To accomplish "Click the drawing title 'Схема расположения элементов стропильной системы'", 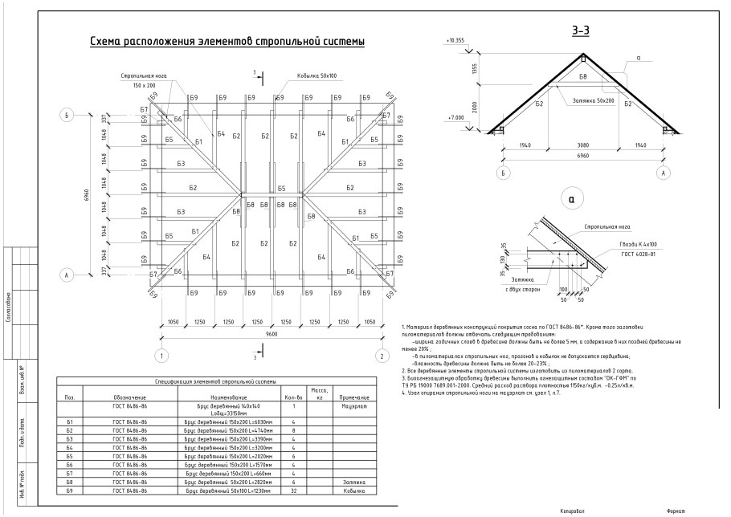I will click(227, 41).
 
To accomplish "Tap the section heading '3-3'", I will click(581, 31).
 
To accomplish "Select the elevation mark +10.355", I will click(455, 39).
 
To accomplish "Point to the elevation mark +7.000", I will click(455, 118).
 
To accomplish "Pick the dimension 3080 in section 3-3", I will click(583, 146).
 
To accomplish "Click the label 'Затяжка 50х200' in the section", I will click(594, 101).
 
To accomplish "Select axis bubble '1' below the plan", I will click(162, 355).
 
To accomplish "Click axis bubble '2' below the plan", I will click(383, 355).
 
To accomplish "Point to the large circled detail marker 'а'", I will click(570, 197).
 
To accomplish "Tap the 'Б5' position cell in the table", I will click(71, 455).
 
